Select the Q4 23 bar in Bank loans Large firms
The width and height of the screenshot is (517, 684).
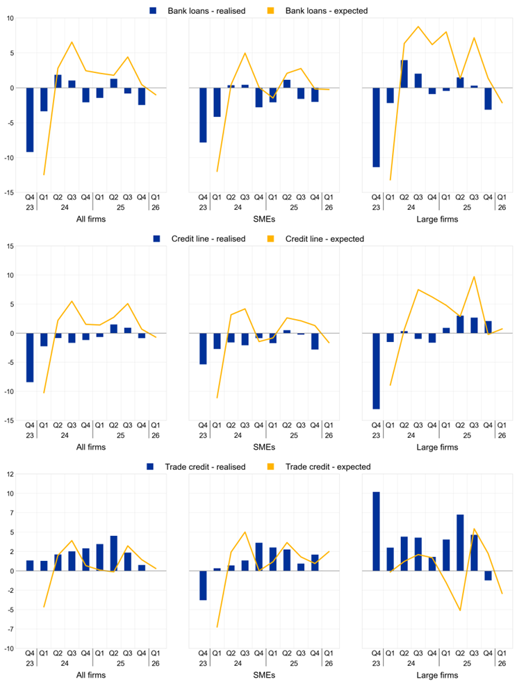point(376,127)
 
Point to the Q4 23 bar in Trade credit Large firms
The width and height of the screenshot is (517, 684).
point(376,531)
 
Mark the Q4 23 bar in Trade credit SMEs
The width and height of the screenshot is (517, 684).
point(203,585)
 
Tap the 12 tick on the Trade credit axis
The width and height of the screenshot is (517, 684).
point(10,474)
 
